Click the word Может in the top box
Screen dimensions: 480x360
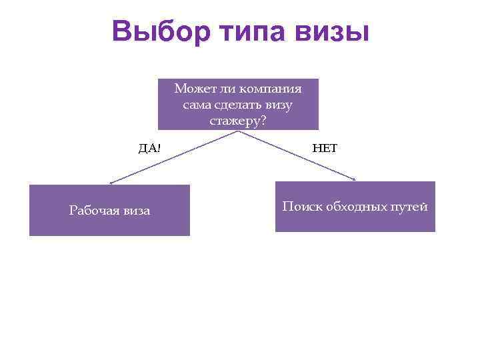(x=191, y=89)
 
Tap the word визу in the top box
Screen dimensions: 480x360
(x=279, y=105)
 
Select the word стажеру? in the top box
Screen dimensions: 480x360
(x=238, y=121)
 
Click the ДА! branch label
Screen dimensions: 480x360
(x=149, y=148)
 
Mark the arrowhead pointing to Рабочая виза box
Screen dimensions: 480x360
(x=112, y=183)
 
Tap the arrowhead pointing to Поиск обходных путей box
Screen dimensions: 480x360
(x=355, y=179)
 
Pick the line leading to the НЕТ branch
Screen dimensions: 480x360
(x=297, y=155)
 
